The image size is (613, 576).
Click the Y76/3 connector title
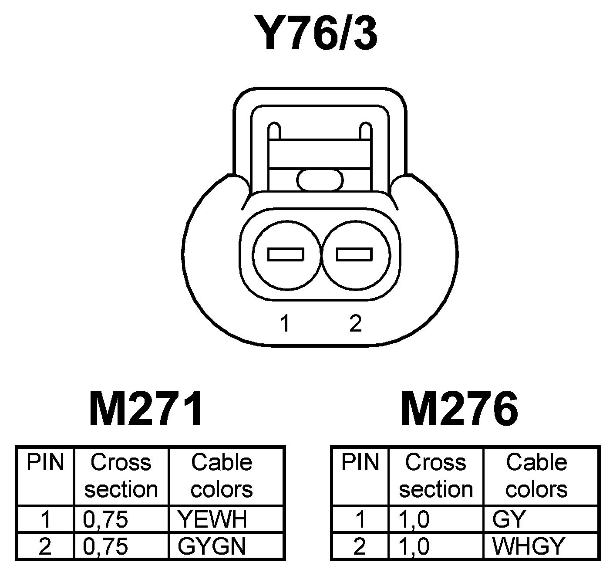tap(317, 33)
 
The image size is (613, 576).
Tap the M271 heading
tap(146, 409)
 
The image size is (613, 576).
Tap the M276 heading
tap(459, 409)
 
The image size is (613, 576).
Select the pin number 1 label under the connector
tap(285, 323)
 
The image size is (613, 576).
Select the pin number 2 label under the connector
tap(355, 323)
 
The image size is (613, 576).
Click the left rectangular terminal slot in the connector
tap(286, 254)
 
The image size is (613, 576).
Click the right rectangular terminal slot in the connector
tap(354, 254)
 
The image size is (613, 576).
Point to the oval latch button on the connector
tap(320, 180)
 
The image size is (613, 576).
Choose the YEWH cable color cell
tap(212, 519)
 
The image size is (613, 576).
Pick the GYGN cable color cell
tap(212, 546)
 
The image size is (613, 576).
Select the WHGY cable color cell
tap(528, 546)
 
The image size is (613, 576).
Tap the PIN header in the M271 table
tap(45, 463)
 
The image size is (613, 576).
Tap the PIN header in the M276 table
tap(360, 463)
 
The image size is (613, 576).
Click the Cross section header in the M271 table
tap(121, 476)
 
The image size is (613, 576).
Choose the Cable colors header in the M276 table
tap(536, 476)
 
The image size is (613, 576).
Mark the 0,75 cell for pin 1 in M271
tap(105, 519)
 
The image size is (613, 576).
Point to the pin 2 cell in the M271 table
tap(45, 546)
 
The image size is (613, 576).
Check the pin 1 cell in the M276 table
tap(360, 519)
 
